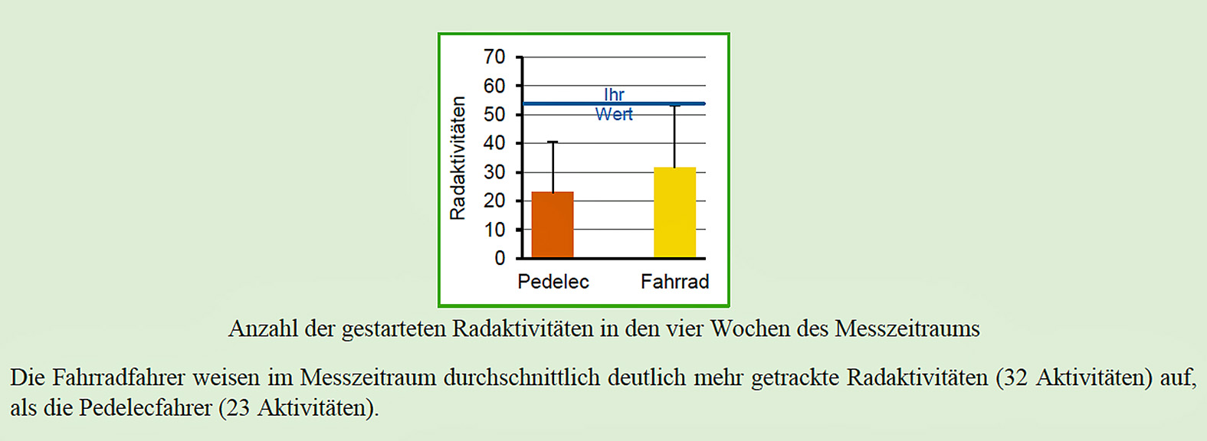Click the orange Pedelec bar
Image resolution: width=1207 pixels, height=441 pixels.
click(x=553, y=224)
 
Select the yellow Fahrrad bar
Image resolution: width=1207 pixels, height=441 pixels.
click(x=674, y=212)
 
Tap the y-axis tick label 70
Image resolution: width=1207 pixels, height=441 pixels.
click(x=494, y=57)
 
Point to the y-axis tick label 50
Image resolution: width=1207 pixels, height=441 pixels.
click(x=494, y=115)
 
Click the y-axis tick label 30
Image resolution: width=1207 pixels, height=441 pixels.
click(x=494, y=172)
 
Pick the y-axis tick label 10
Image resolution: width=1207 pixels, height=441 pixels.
click(x=494, y=230)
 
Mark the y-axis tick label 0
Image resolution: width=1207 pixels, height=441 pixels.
click(x=500, y=259)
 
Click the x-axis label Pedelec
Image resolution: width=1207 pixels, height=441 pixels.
click(x=553, y=282)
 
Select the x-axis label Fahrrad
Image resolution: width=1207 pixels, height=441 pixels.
click(x=674, y=282)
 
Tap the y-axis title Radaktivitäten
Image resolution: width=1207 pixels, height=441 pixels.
click(x=458, y=158)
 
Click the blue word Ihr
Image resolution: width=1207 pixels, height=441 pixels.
click(x=614, y=95)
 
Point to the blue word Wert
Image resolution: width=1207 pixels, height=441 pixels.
click(x=614, y=114)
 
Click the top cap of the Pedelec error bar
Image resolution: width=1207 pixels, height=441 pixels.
click(x=553, y=142)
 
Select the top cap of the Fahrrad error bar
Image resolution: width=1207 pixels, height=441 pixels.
click(x=674, y=106)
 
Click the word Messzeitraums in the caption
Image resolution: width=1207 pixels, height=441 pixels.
click(x=907, y=328)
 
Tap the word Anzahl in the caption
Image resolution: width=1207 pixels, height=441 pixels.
click(x=263, y=328)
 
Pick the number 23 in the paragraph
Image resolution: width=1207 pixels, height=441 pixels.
click(x=238, y=407)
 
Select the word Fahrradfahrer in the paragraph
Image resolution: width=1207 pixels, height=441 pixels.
click(x=119, y=377)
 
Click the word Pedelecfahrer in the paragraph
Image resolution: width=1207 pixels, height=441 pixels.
click(x=146, y=407)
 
